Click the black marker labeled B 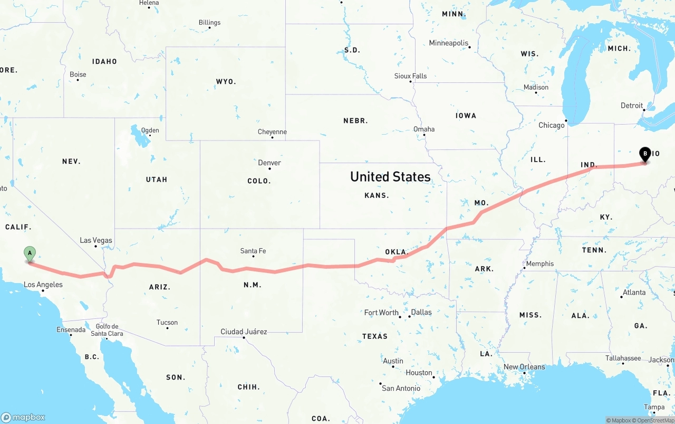[x=644, y=154]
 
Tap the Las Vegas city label [x=96, y=240]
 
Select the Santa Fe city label [x=253, y=251]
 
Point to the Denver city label [x=269, y=163]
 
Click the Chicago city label [x=551, y=125]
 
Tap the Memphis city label [x=539, y=263]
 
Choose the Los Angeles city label [x=43, y=285]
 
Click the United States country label [x=390, y=176]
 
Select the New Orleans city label [x=524, y=367]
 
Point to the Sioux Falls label [x=410, y=76]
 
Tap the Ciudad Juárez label [x=244, y=332]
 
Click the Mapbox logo [x=23, y=417]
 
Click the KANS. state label [x=377, y=195]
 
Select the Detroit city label [x=632, y=106]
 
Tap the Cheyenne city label [x=272, y=132]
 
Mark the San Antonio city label [x=401, y=388]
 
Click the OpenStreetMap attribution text [x=653, y=420]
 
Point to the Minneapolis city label [x=449, y=43]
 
